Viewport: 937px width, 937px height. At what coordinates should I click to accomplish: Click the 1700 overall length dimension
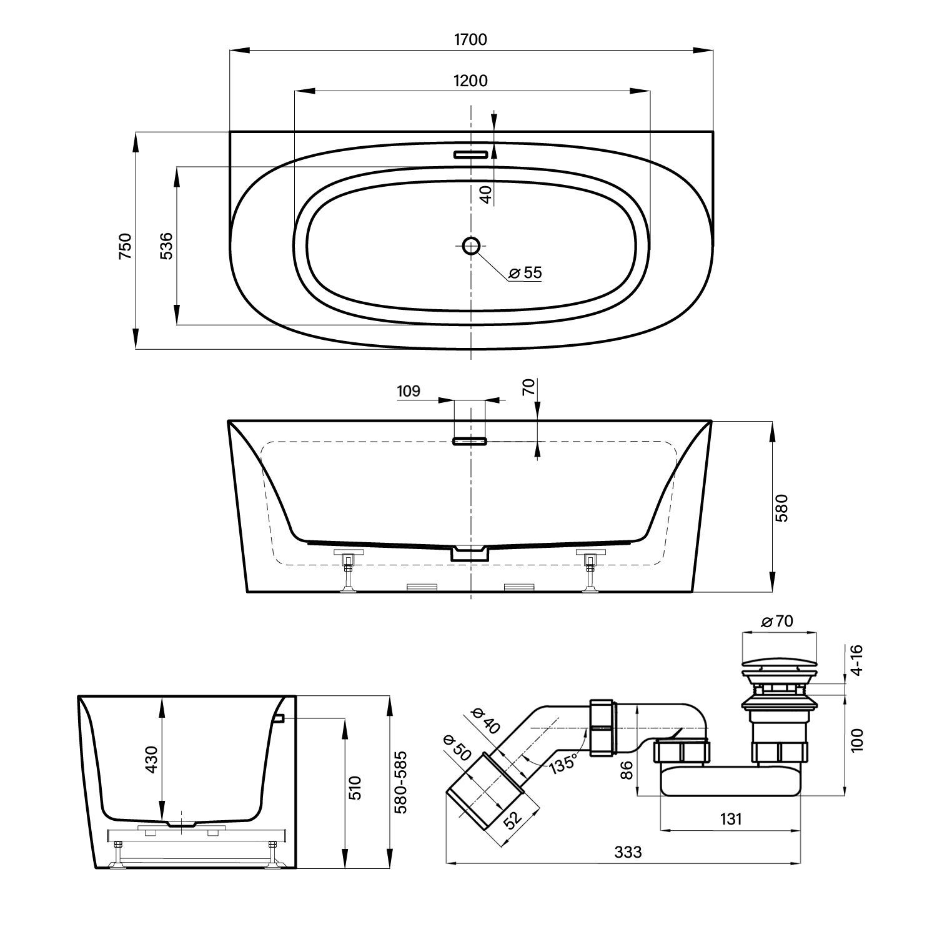pos(470,39)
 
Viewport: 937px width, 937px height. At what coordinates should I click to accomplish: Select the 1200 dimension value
pos(471,80)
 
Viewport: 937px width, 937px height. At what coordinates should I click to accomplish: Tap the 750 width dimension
pos(126,245)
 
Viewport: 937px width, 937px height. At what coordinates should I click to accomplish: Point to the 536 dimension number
pos(166,245)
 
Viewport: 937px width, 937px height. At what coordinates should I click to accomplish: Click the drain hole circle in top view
pos(471,245)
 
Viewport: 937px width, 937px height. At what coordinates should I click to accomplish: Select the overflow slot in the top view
pos(470,154)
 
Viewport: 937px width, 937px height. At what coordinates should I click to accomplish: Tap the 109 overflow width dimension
pos(409,391)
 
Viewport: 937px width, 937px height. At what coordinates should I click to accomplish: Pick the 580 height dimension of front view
pos(783,507)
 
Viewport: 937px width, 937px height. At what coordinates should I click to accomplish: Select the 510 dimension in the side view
pos(354,788)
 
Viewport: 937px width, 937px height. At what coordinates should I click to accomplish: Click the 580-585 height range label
pos(400,781)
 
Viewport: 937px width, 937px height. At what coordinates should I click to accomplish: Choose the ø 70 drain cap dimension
pos(777,622)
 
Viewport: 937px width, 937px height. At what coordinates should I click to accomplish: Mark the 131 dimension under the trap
pos(730,818)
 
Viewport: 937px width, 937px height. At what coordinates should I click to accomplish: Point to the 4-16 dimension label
pos(856,660)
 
